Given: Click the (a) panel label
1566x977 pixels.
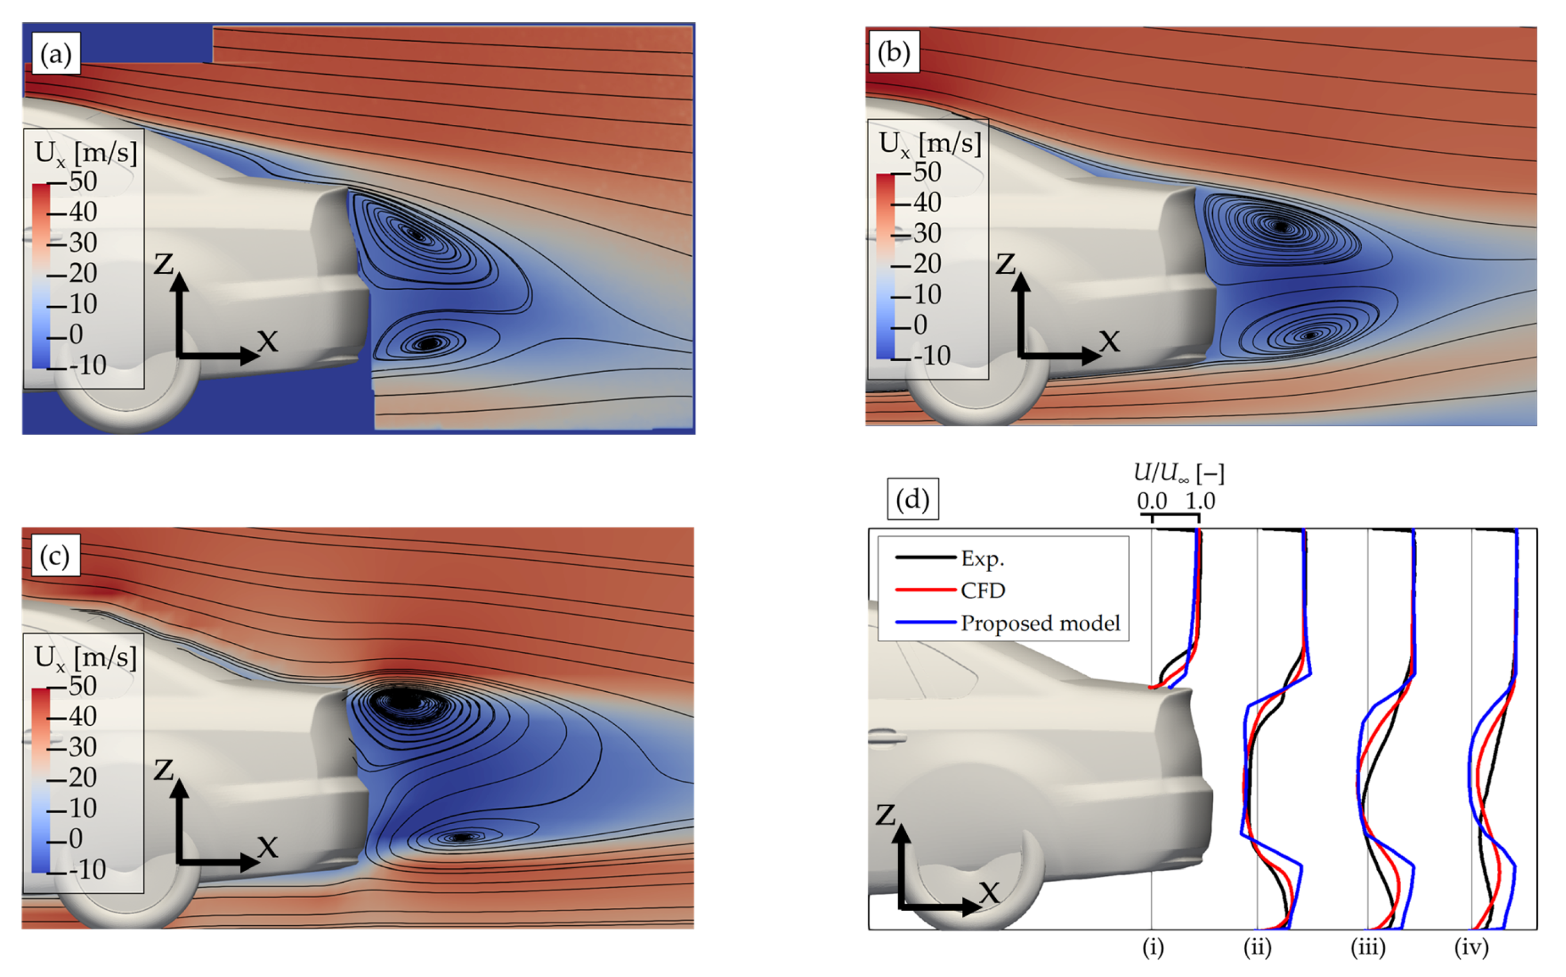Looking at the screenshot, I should point(56,54).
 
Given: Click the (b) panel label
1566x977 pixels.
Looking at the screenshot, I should point(893,53).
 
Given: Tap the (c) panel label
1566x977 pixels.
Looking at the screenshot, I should point(54,555).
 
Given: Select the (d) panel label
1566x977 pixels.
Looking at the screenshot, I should point(912,500).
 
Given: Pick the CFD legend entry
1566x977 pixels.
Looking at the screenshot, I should point(983,591).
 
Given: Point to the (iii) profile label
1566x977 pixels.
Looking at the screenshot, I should point(1368,948).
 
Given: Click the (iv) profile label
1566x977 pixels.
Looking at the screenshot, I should point(1471,948).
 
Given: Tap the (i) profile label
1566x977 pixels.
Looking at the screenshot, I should point(1153,948).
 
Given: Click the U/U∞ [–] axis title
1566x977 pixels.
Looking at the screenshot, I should point(1179,473).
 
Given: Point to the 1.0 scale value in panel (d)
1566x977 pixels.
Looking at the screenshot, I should point(1200,501).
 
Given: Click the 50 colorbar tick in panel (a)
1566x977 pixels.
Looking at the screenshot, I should point(83,182).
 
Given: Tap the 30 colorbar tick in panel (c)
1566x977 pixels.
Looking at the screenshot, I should point(83,747).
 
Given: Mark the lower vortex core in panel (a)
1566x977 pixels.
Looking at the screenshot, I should point(428,343).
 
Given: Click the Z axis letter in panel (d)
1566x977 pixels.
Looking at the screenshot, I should point(885,815).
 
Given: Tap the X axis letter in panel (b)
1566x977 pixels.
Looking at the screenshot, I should point(1109,341).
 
